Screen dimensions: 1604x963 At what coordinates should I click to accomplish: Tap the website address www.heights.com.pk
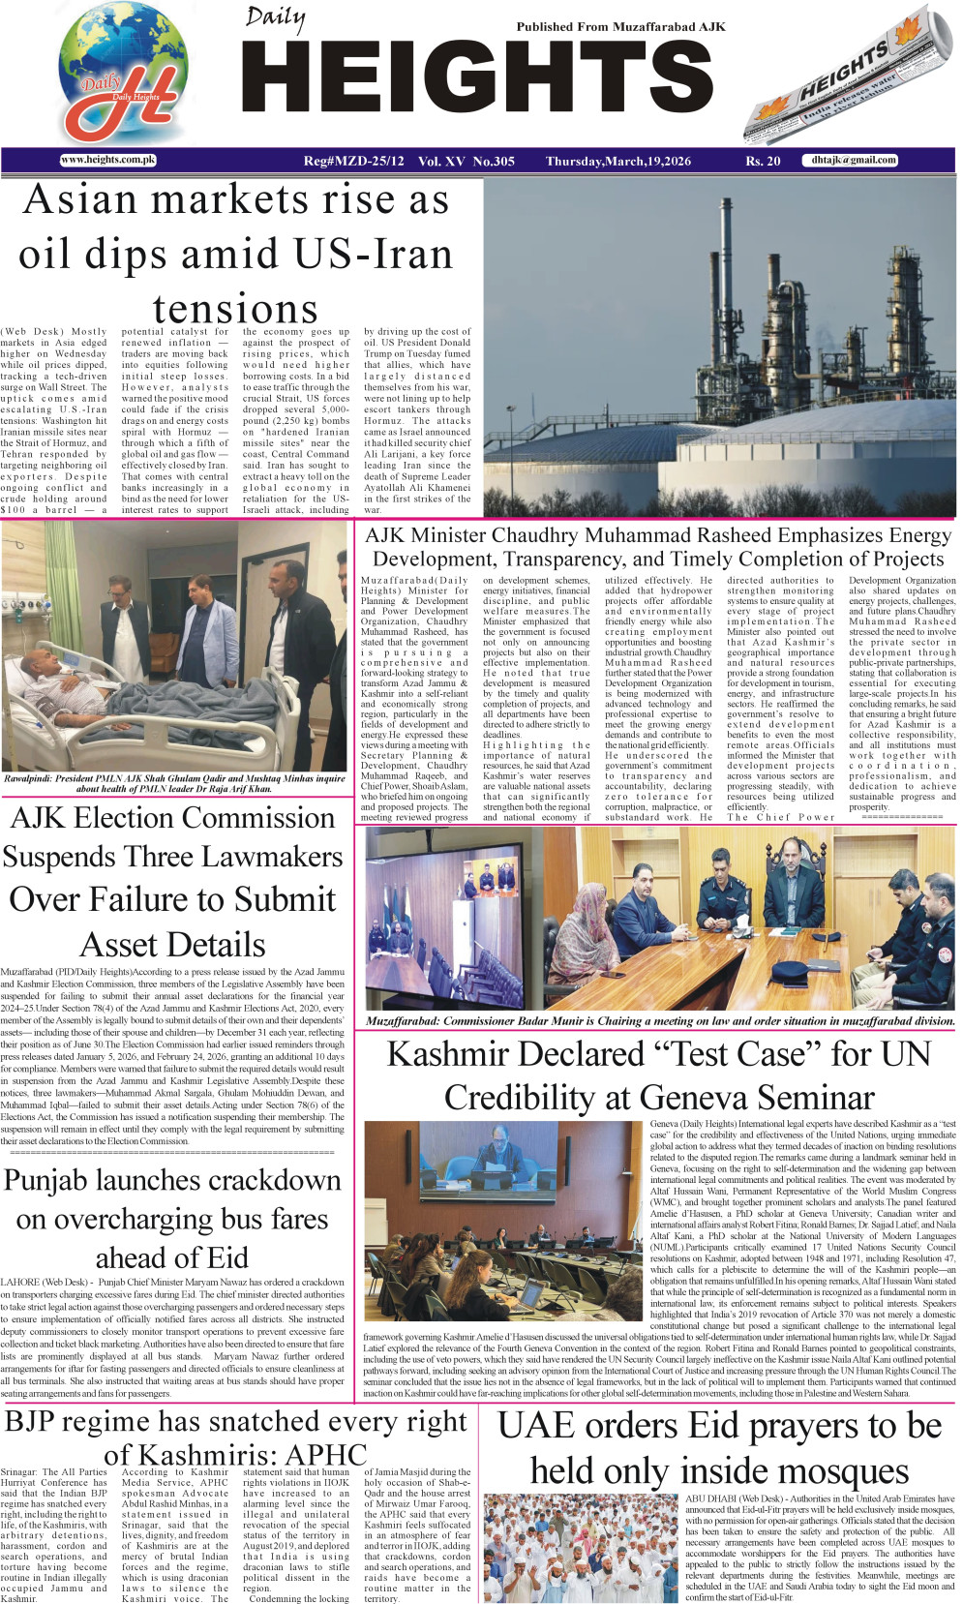pos(107,161)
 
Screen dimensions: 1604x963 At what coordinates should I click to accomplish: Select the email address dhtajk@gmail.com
pos(854,161)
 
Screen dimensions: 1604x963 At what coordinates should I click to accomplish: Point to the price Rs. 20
pos(763,162)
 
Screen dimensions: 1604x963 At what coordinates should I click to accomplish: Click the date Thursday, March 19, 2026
pos(617,162)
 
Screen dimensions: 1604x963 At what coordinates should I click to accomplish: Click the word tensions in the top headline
pos(235,309)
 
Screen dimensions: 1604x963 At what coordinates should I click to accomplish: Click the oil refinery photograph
pos(718,348)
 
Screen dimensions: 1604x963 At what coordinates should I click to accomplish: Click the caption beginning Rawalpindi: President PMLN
pos(174,783)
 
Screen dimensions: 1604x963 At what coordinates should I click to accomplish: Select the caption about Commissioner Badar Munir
pos(660,1020)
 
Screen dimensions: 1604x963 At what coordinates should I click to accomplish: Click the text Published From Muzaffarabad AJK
pos(620,27)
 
